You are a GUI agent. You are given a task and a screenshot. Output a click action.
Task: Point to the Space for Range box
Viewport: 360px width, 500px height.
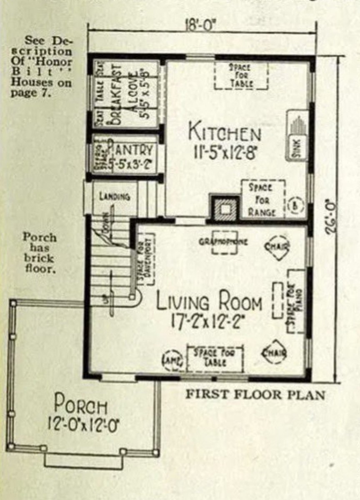(262, 199)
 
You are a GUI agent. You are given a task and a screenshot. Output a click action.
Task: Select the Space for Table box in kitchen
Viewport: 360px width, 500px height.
(241, 75)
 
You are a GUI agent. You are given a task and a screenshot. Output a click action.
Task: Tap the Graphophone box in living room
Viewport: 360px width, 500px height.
(224, 242)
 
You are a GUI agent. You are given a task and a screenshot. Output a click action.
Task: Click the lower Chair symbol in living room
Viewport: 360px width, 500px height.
(274, 353)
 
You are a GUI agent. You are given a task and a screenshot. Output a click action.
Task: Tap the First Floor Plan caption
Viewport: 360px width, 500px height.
(255, 394)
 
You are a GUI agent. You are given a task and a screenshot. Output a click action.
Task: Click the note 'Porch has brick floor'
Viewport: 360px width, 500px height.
(40, 253)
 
